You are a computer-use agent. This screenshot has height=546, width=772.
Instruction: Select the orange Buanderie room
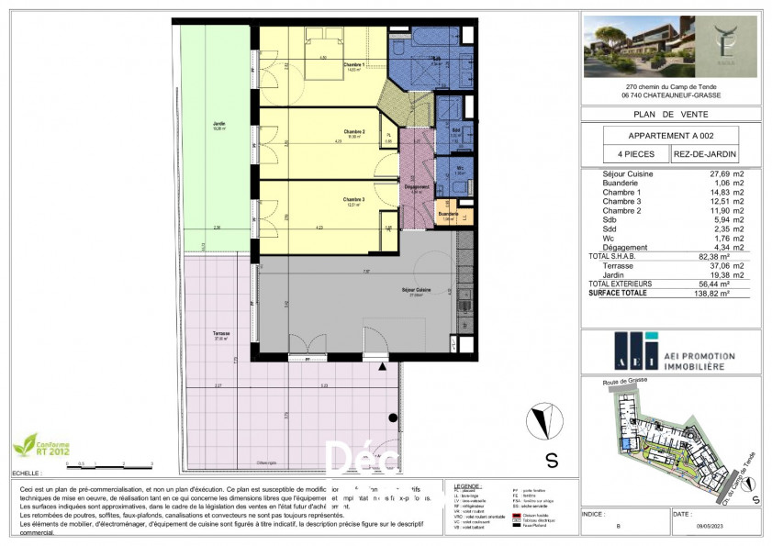click(x=448, y=215)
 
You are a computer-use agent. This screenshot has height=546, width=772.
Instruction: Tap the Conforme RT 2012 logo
click(x=38, y=446)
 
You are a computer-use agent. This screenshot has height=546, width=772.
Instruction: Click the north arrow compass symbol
click(x=542, y=421)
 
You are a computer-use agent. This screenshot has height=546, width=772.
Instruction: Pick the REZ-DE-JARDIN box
click(x=703, y=155)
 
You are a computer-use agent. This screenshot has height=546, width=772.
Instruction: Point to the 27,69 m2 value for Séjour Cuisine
click(x=716, y=173)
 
